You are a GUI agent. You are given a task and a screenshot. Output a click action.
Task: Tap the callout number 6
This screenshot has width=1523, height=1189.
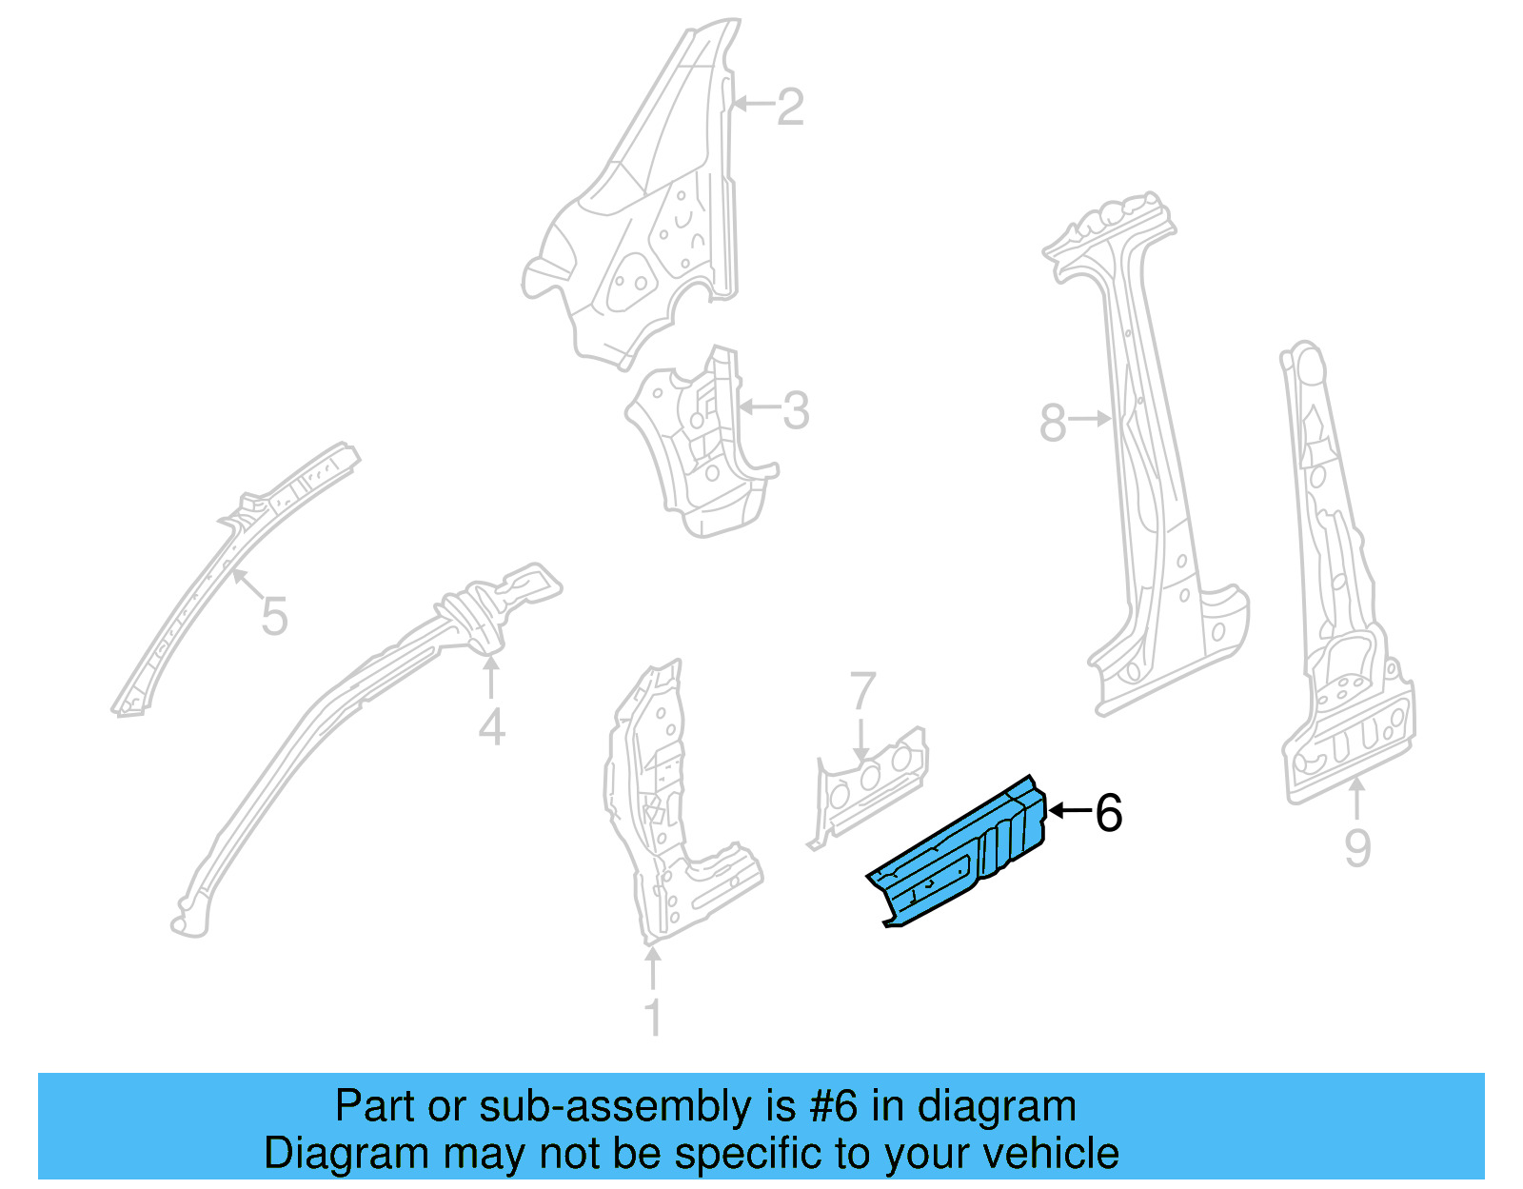(x=1109, y=813)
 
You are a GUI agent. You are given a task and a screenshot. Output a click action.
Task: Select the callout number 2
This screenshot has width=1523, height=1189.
(x=790, y=108)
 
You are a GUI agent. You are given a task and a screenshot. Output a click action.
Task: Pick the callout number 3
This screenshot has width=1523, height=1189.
(x=796, y=411)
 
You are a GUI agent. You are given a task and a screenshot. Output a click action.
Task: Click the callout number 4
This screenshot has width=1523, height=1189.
(x=491, y=728)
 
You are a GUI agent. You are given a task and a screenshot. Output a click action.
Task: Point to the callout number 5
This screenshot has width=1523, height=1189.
(x=274, y=617)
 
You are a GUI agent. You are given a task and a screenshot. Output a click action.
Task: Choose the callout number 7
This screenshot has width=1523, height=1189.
(x=862, y=691)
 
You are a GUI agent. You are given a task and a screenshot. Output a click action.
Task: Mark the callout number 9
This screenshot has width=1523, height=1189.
(x=1357, y=847)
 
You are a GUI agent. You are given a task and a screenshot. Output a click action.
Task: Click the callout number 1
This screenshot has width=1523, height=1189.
(x=653, y=1018)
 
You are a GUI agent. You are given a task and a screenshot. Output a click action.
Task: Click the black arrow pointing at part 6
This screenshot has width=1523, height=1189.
(x=1069, y=811)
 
